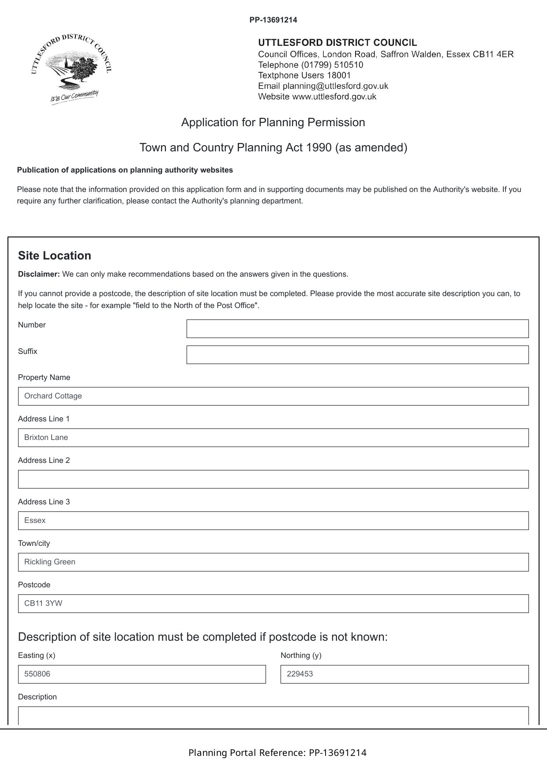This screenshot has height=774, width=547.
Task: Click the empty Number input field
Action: point(357,329)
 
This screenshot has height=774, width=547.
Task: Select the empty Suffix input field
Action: point(357,355)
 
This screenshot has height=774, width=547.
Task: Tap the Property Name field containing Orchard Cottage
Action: point(273,396)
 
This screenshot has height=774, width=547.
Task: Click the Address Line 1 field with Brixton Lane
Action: point(273,438)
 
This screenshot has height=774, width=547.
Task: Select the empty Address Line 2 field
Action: point(273,479)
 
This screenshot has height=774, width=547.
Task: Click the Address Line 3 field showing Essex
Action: point(273,521)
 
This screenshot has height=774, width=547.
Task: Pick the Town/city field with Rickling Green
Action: point(273,562)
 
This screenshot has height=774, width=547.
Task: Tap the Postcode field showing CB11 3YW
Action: point(273,604)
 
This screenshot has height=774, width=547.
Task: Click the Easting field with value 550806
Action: point(142,674)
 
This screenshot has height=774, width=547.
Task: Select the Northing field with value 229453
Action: point(404,674)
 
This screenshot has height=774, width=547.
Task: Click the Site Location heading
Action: point(55,256)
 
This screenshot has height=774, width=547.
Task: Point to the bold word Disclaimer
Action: point(39,274)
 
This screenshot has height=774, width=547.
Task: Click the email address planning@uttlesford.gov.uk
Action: point(335,86)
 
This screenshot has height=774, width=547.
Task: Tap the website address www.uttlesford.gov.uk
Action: point(334,97)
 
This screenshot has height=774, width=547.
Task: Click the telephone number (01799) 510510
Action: point(332,65)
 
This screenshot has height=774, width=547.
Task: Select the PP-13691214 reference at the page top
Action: point(273,20)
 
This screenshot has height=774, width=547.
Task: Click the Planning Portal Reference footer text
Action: point(277,753)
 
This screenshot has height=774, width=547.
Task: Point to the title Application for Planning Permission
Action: point(273,122)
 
